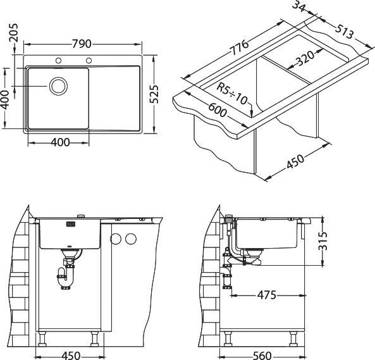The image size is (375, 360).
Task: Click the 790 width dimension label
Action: [x=82, y=44]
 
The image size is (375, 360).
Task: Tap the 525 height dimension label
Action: [x=154, y=94]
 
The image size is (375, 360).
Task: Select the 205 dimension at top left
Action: [x=14, y=33]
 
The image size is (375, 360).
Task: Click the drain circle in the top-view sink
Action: [x=58, y=86]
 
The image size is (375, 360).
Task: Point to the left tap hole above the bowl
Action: [x=58, y=61]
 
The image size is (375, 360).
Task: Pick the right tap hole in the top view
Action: [x=89, y=61]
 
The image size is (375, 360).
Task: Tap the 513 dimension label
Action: [x=344, y=32]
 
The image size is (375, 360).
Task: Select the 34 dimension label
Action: [x=298, y=6]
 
